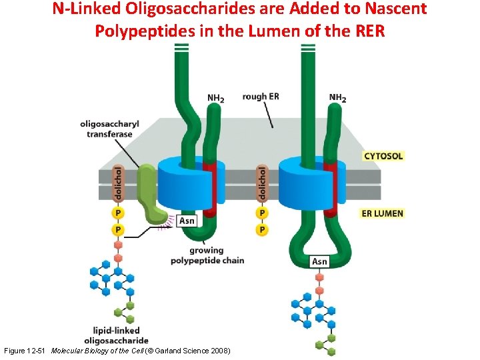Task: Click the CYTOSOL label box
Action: click(x=383, y=156)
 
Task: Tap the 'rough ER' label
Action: click(x=261, y=97)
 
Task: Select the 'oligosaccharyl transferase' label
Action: click(x=106, y=129)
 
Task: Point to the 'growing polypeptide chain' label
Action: click(x=207, y=255)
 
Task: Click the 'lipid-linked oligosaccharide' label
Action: click(x=117, y=335)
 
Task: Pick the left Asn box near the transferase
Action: click(x=187, y=221)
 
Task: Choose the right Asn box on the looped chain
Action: click(x=320, y=261)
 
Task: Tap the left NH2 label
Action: click(x=215, y=99)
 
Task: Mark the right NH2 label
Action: click(x=337, y=99)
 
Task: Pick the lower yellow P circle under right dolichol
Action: click(x=262, y=229)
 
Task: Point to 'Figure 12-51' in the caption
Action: click(x=25, y=351)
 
